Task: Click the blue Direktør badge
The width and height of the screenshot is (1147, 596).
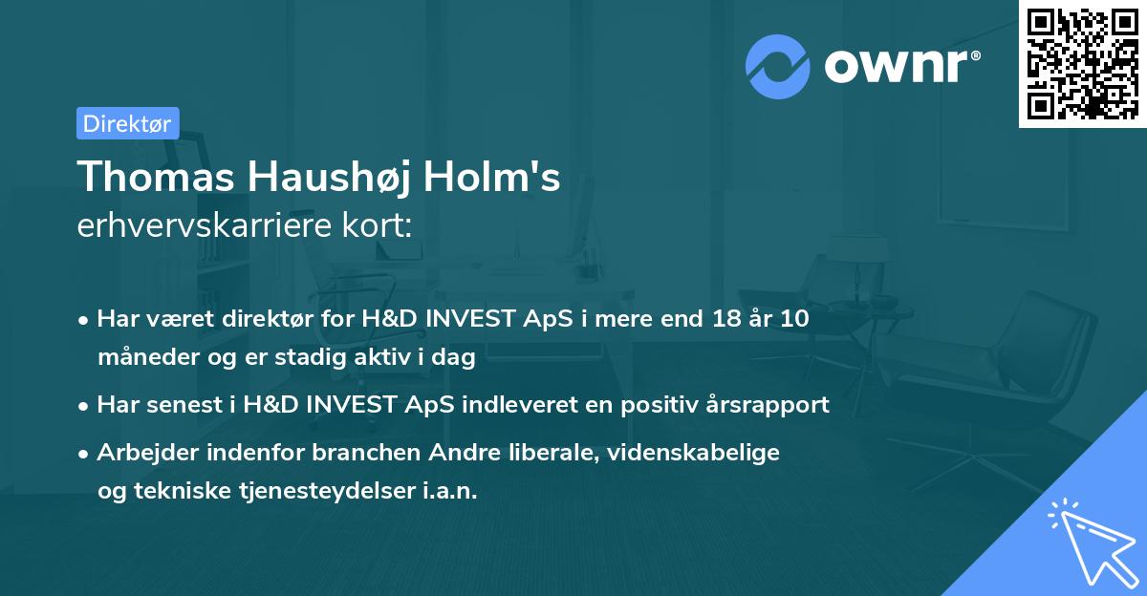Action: pyautogui.click(x=127, y=123)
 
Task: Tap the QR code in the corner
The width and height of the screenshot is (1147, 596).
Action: pyautogui.click(x=1082, y=63)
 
